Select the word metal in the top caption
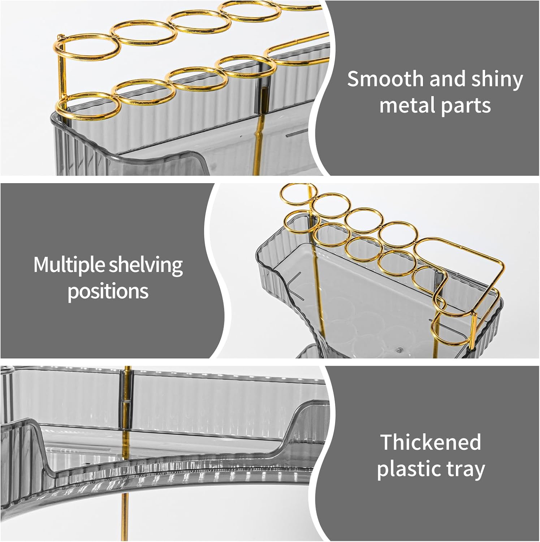(401, 106)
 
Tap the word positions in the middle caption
(108, 291)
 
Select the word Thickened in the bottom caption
(431, 442)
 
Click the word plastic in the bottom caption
(407, 469)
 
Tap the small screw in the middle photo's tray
(399, 349)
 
